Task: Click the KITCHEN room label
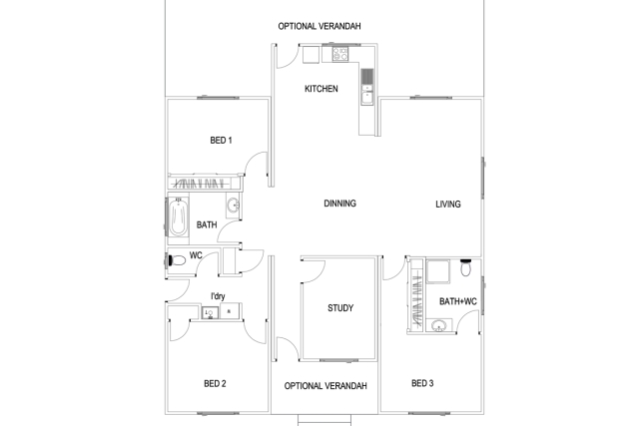(x=320, y=89)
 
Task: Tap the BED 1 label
(x=221, y=140)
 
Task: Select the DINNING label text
(x=339, y=204)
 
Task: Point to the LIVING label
(x=448, y=205)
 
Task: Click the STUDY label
(x=340, y=308)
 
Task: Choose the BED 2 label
(x=215, y=383)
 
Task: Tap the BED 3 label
(x=422, y=383)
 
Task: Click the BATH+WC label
(x=458, y=301)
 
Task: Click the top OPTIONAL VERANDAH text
(x=319, y=26)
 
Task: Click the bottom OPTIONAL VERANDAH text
(x=325, y=386)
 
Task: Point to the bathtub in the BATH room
(x=178, y=218)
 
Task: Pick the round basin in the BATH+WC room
(x=439, y=325)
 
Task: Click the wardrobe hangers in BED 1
(x=204, y=184)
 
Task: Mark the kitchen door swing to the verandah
(x=285, y=58)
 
